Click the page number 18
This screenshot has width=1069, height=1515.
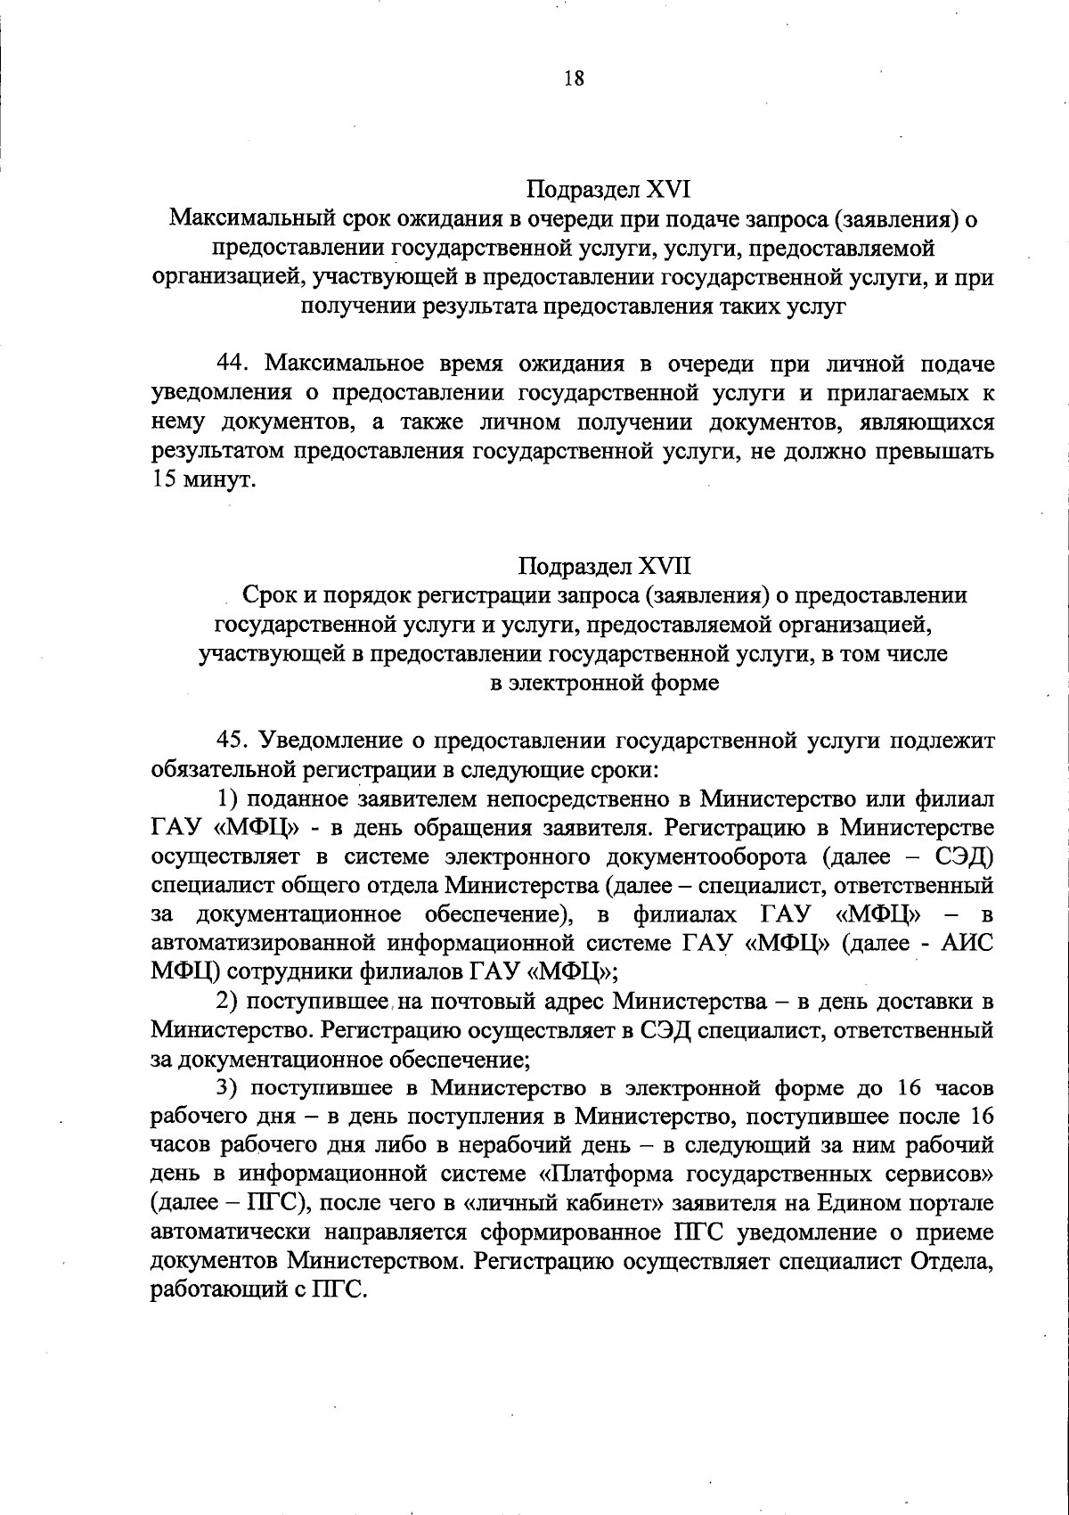point(574,78)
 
